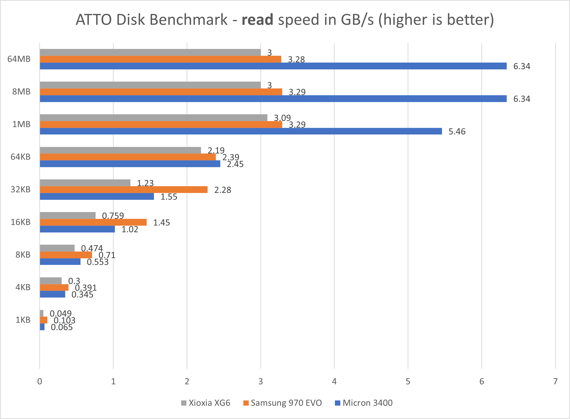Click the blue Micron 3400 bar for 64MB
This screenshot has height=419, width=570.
click(x=273, y=66)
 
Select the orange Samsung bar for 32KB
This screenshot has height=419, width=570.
click(x=124, y=190)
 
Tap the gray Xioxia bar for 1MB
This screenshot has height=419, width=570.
click(x=153, y=118)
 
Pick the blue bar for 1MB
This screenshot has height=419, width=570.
click(x=241, y=131)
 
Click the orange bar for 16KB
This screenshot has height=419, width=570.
click(x=93, y=222)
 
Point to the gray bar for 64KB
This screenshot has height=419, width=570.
click(x=120, y=150)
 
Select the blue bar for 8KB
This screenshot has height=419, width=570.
click(x=60, y=262)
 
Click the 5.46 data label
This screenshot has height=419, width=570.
click(x=457, y=132)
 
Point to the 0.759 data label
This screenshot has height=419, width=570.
click(x=113, y=216)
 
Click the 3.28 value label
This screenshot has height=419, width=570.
click(x=296, y=60)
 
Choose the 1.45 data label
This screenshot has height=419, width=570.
click(x=161, y=223)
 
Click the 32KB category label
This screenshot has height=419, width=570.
click(x=20, y=189)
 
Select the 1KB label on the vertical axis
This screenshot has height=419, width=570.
click(x=23, y=320)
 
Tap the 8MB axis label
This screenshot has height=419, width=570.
click(x=21, y=92)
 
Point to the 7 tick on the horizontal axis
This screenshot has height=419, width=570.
click(x=555, y=381)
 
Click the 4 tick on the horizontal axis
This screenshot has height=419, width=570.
click(x=334, y=381)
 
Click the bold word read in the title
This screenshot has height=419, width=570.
click(x=257, y=20)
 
